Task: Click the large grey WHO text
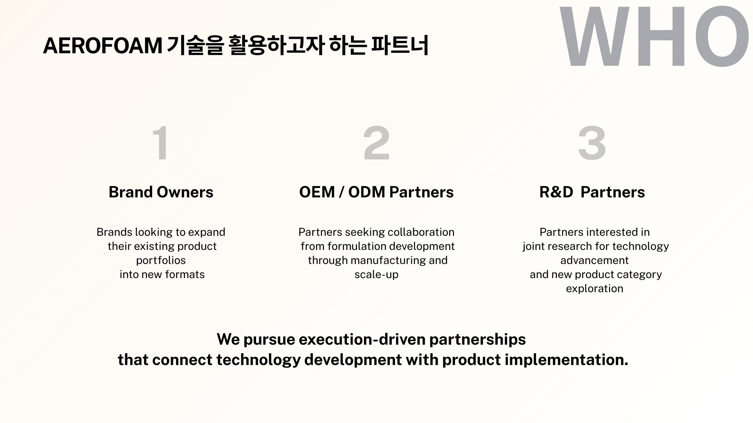coord(654,37)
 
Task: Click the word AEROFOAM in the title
coord(102,45)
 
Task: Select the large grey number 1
coord(161,143)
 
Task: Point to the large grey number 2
coord(376,143)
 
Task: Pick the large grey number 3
coord(592,143)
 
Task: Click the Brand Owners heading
coord(161,192)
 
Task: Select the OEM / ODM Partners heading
coord(376,192)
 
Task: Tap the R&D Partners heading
coord(592,192)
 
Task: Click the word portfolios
coord(161,260)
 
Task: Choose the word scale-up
coord(376,275)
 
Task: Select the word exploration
coord(595,289)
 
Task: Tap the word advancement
coord(595,260)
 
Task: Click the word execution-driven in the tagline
coord(362,339)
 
